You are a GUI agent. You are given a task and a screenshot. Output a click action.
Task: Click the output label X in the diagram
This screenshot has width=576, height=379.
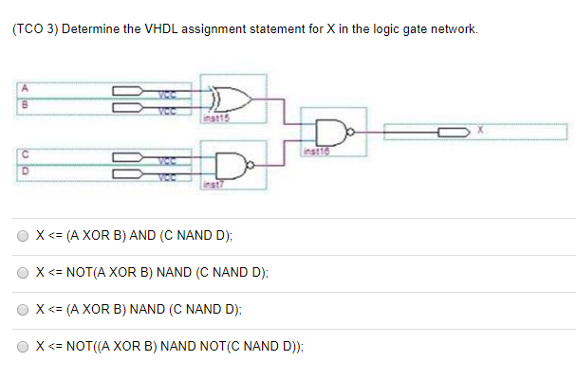(481, 132)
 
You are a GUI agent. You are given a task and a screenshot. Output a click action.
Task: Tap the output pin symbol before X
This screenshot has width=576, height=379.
(452, 132)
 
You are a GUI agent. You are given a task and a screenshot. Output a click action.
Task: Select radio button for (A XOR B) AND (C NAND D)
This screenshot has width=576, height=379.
(23, 236)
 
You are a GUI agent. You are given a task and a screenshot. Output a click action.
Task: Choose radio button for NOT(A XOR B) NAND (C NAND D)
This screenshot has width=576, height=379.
(23, 273)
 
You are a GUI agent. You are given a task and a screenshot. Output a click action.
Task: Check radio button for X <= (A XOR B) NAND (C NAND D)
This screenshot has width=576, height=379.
(23, 310)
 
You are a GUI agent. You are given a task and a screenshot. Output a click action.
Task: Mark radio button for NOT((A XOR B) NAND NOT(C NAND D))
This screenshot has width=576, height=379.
(23, 347)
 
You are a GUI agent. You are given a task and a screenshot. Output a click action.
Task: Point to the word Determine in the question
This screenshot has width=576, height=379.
(89, 28)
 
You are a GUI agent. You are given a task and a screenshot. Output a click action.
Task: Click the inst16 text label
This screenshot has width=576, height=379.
(314, 153)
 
